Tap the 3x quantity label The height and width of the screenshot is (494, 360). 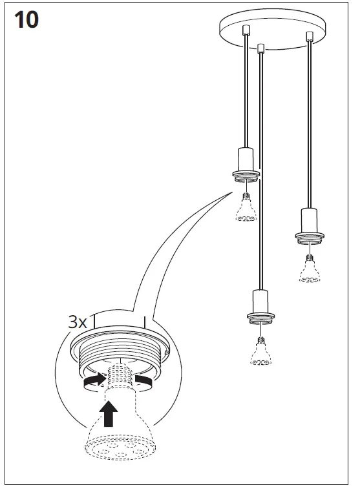tap(78, 322)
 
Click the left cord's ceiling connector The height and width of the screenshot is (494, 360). tap(245, 30)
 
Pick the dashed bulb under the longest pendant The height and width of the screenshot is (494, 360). tap(260, 353)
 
